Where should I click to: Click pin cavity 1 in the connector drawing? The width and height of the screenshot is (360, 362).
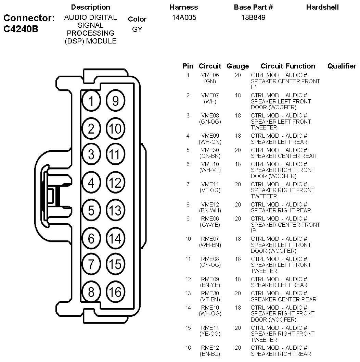91,101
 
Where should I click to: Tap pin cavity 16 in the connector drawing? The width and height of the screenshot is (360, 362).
116,292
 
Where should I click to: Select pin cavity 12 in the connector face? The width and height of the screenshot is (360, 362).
116,183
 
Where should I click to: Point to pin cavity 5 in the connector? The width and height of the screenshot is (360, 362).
91,210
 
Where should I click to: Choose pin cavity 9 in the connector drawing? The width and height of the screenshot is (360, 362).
116,101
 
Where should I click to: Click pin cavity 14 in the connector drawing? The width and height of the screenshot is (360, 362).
116,238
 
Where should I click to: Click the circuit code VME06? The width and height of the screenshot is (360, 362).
210,75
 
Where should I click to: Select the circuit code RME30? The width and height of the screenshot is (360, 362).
210,293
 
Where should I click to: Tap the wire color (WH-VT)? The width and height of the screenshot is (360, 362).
210,170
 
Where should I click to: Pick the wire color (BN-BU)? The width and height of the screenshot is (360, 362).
210,354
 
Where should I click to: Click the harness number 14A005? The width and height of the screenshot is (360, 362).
184,17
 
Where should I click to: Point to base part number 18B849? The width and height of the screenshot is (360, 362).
253,17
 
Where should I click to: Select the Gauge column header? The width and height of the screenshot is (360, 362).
238,66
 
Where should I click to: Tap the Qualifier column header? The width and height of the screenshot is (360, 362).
342,66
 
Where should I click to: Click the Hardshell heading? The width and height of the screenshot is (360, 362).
322,7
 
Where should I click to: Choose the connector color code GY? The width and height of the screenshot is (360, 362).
137,29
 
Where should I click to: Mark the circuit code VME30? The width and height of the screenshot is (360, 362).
210,150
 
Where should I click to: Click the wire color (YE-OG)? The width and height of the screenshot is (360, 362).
210,334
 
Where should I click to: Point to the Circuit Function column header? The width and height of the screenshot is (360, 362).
288,66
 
